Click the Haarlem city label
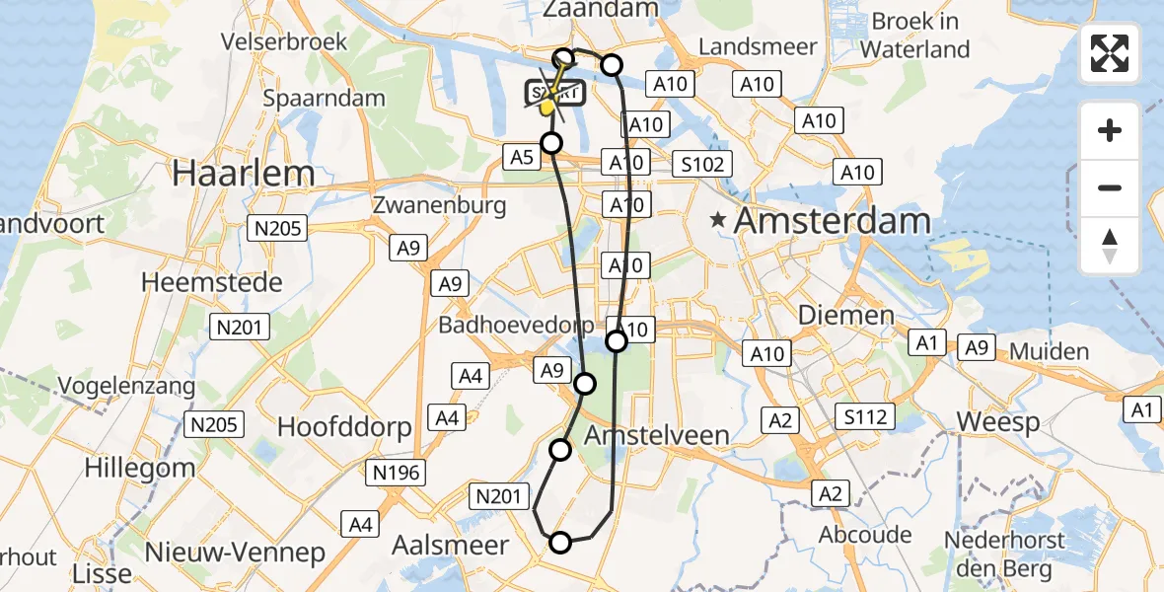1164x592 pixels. (x=244, y=174)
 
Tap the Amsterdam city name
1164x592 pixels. (x=832, y=220)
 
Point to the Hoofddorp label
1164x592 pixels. (x=342, y=426)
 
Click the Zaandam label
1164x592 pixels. (x=600, y=9)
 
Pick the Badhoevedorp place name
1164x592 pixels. (x=517, y=325)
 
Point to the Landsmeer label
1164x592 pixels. (x=758, y=46)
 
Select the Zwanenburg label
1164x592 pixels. (x=440, y=205)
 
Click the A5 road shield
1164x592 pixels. (x=523, y=156)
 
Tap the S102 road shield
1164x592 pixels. (x=702, y=164)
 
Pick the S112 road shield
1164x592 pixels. (x=864, y=416)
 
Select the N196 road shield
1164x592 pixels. (x=399, y=472)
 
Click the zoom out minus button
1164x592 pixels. (x=1110, y=187)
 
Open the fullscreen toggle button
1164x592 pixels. (x=1110, y=53)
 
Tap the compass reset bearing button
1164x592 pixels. (x=1110, y=246)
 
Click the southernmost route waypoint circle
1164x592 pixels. (x=560, y=542)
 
